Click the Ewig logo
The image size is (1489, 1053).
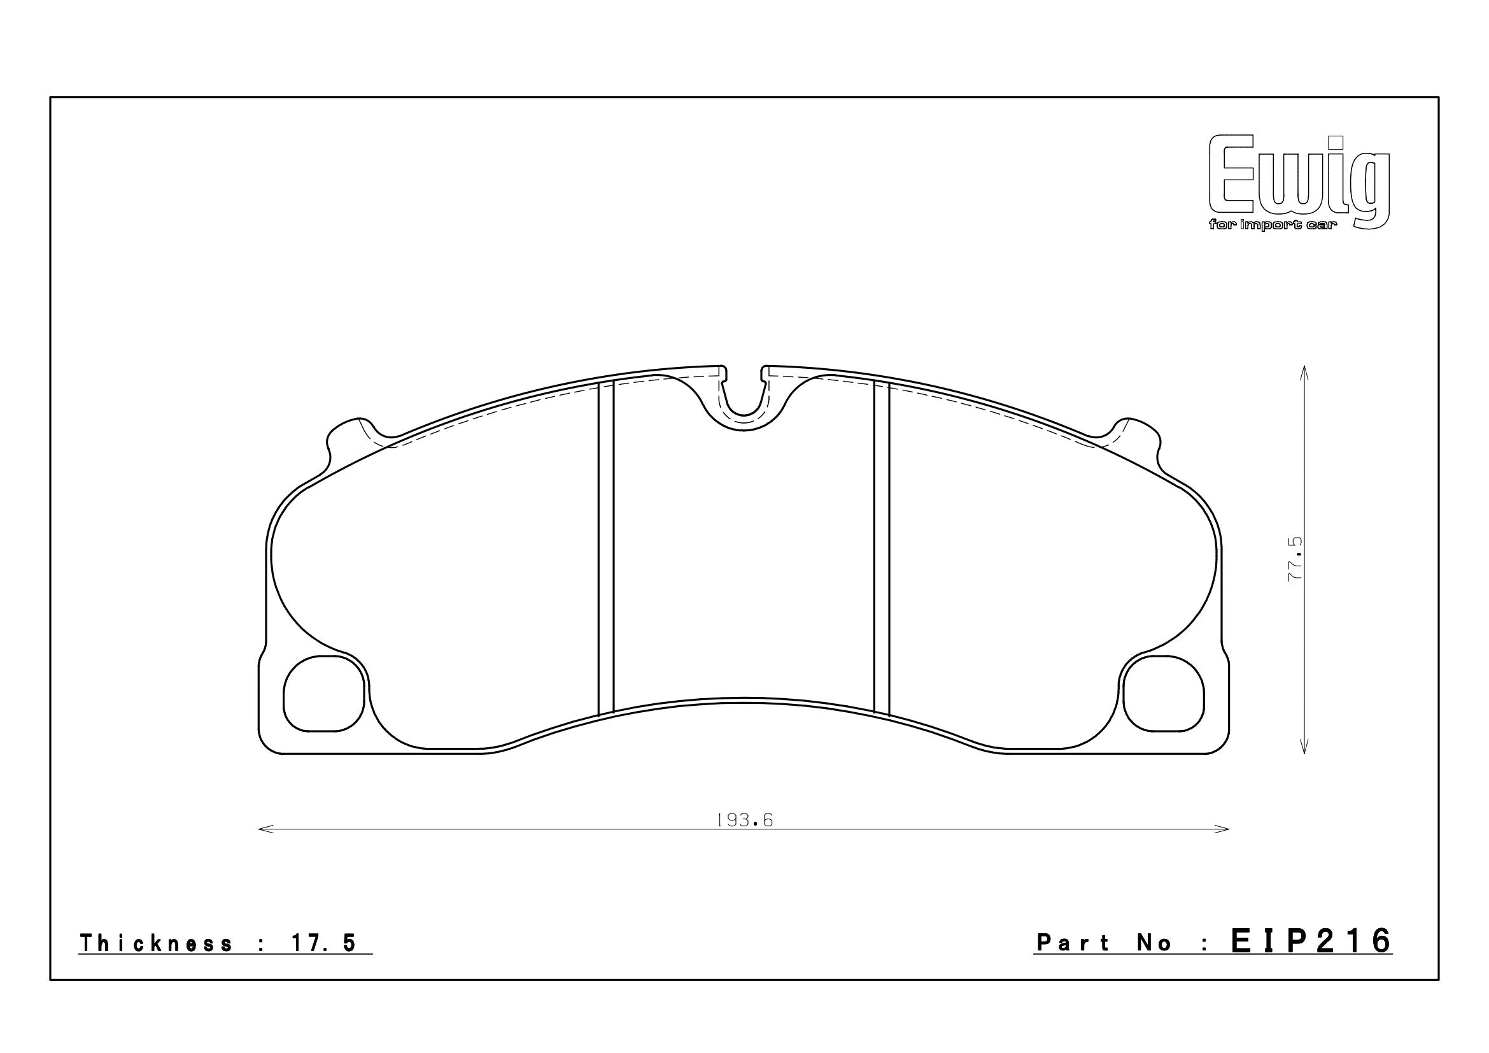[1299, 189]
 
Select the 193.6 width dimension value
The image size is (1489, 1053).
[745, 820]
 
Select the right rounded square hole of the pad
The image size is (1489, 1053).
[1164, 693]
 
